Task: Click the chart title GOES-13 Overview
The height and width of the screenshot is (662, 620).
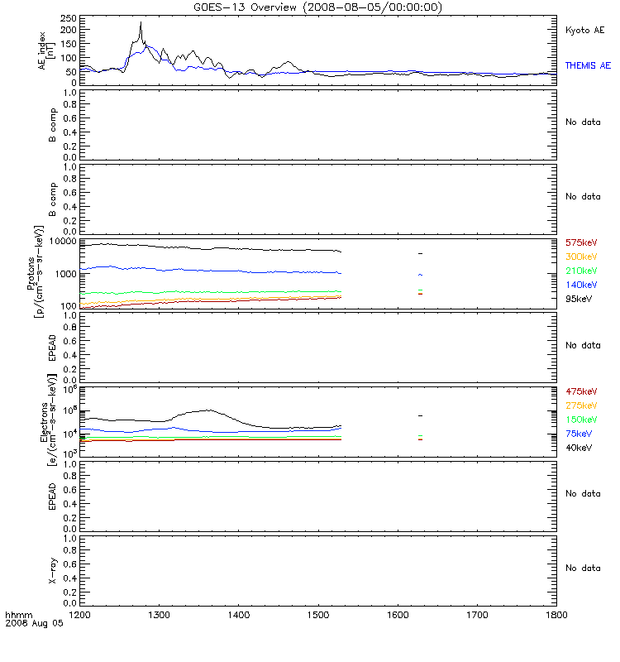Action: coord(245,7)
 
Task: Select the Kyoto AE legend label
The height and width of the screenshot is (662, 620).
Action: coord(584,30)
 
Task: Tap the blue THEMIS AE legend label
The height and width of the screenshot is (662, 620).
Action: coord(588,65)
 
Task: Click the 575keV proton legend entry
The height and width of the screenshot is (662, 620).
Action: coord(581,242)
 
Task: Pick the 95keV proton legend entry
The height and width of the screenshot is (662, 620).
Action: coord(579,299)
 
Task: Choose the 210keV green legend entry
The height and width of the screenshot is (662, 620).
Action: coord(581,271)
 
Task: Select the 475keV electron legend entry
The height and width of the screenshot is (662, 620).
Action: coord(581,391)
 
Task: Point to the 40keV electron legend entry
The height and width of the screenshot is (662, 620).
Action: coord(579,448)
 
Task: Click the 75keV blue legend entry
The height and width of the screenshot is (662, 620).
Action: coord(579,434)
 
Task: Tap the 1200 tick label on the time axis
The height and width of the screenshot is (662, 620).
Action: coord(79,615)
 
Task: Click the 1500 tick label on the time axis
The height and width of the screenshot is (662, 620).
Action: coord(318,615)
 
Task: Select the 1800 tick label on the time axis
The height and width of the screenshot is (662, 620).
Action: coord(556,615)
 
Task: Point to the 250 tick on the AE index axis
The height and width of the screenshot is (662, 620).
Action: coord(69,18)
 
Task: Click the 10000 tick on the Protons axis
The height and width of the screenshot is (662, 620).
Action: coord(64,241)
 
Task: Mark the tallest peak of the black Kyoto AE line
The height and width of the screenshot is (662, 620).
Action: coord(141,22)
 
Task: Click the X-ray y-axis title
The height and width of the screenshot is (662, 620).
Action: coord(53,571)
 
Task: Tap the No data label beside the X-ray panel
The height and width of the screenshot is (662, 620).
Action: coord(583,568)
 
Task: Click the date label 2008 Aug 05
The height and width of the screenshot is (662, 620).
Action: coord(34,623)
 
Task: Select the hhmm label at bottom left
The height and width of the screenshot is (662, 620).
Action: coord(18,615)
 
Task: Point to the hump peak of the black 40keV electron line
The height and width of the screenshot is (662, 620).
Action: coord(207,410)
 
